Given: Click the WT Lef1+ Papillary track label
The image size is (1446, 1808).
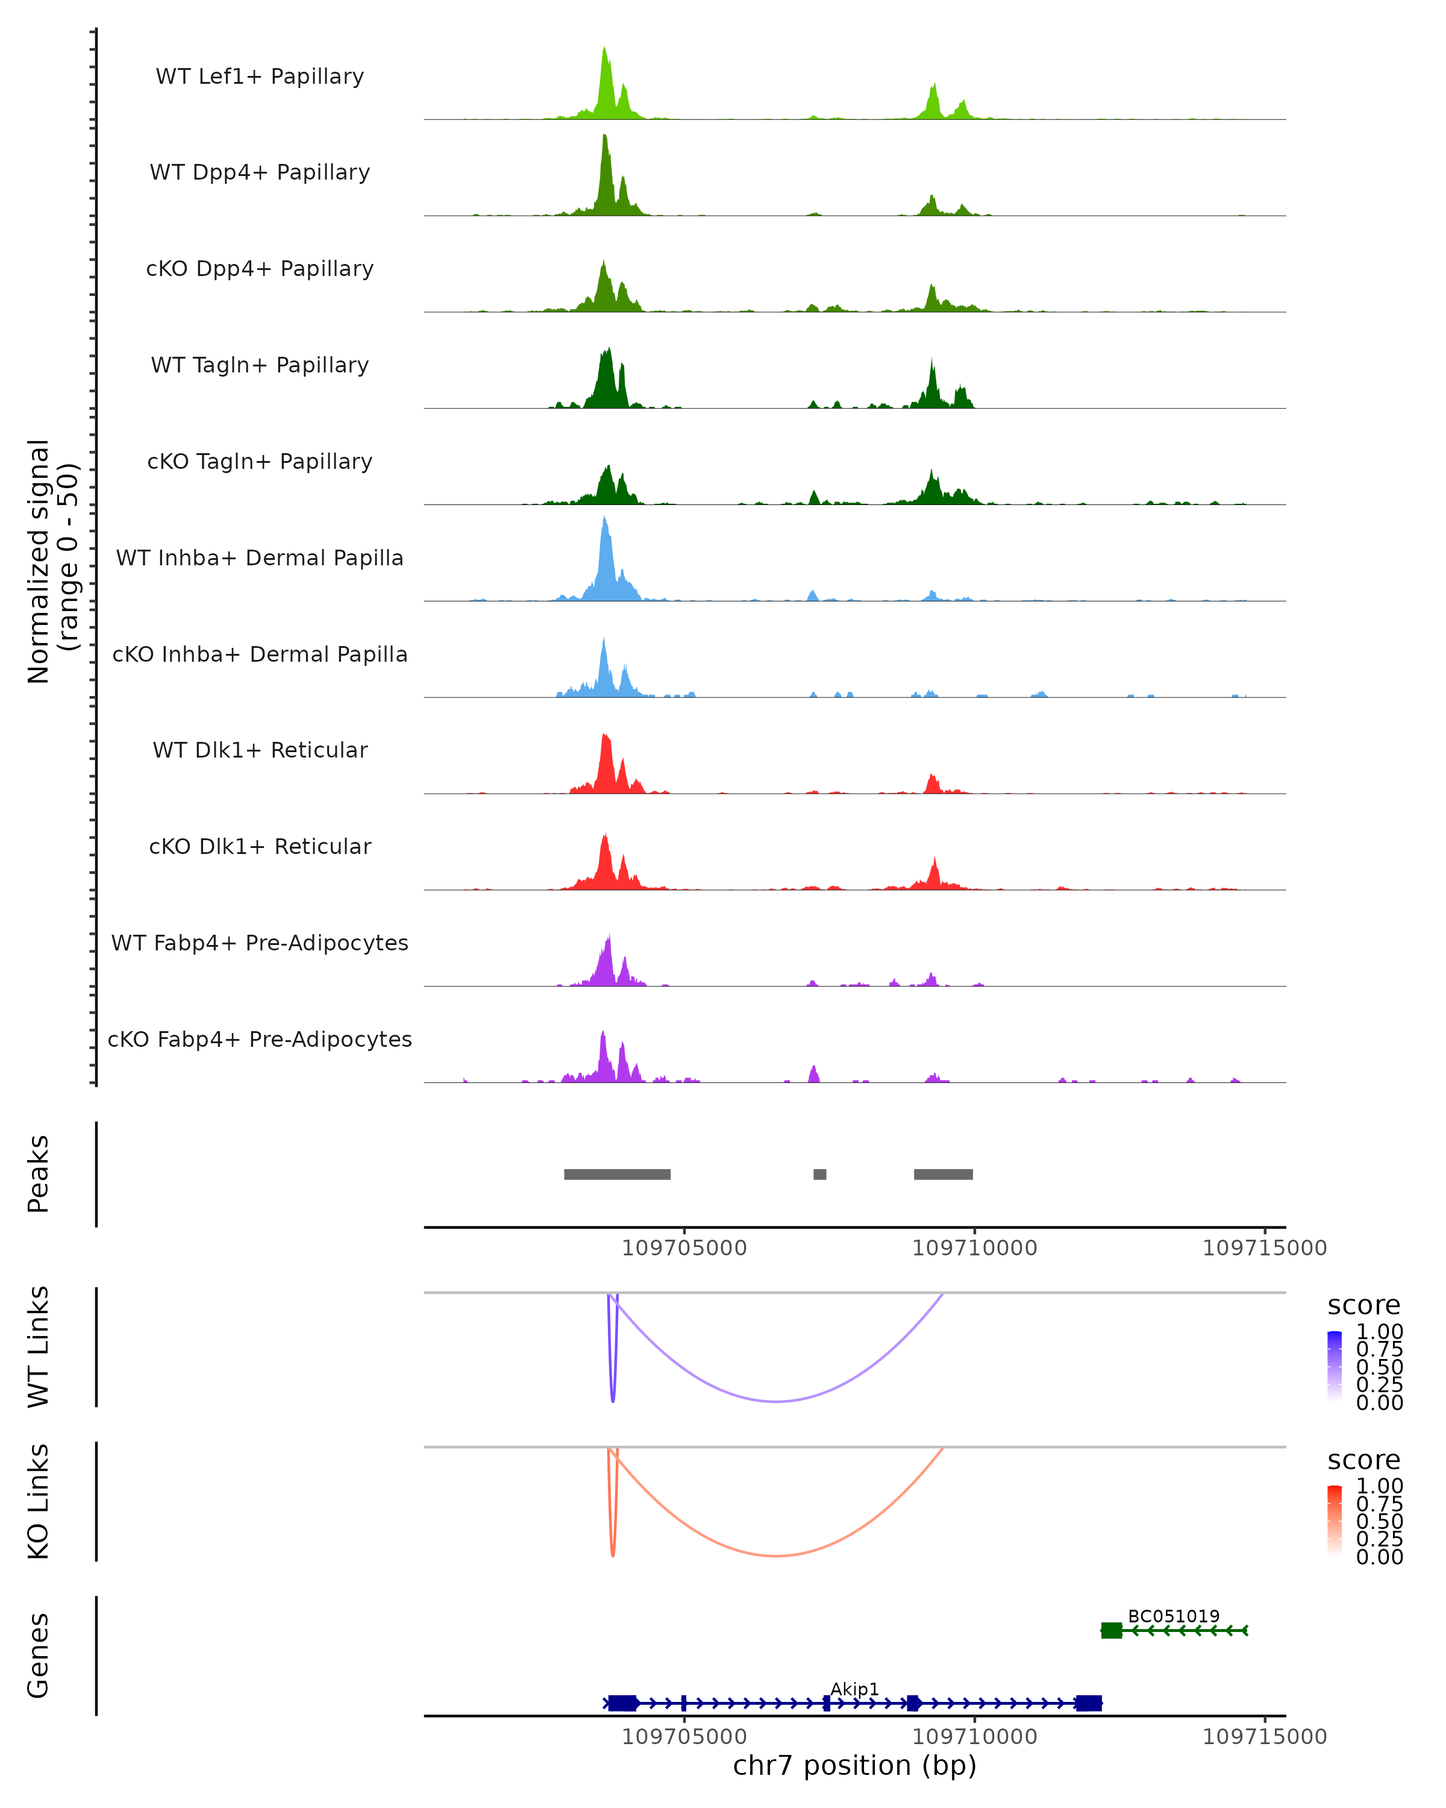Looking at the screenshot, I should (260, 77).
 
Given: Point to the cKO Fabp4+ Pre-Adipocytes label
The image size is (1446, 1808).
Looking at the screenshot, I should (260, 1039).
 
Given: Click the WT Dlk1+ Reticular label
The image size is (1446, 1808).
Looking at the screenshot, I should (260, 750).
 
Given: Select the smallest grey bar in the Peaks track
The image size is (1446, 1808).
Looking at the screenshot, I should (820, 1174).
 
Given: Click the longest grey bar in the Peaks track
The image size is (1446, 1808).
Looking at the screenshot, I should (617, 1174).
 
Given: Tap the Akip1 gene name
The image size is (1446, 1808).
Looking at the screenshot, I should (854, 1689).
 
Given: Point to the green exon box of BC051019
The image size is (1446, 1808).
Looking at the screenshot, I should (1112, 1630).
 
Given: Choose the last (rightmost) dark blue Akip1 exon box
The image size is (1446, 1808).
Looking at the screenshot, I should (1089, 1703).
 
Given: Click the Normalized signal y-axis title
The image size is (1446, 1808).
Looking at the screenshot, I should (52, 561).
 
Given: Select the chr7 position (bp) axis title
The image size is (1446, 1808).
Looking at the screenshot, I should (854, 1765).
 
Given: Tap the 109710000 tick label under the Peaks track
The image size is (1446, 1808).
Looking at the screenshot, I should (974, 1248).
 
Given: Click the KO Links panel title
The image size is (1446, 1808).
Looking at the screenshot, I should (39, 1501).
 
